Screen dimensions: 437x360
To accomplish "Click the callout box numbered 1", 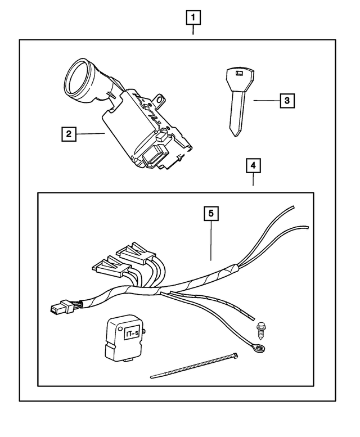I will click(193, 18).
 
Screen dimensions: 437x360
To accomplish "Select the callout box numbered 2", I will click(69, 134).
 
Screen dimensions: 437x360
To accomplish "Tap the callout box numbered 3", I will click(286, 101).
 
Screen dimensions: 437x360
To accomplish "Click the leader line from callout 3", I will click(265, 101).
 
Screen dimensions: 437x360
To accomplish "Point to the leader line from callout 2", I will click(91, 134).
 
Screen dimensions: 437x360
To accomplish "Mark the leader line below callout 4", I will click(253, 179).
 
